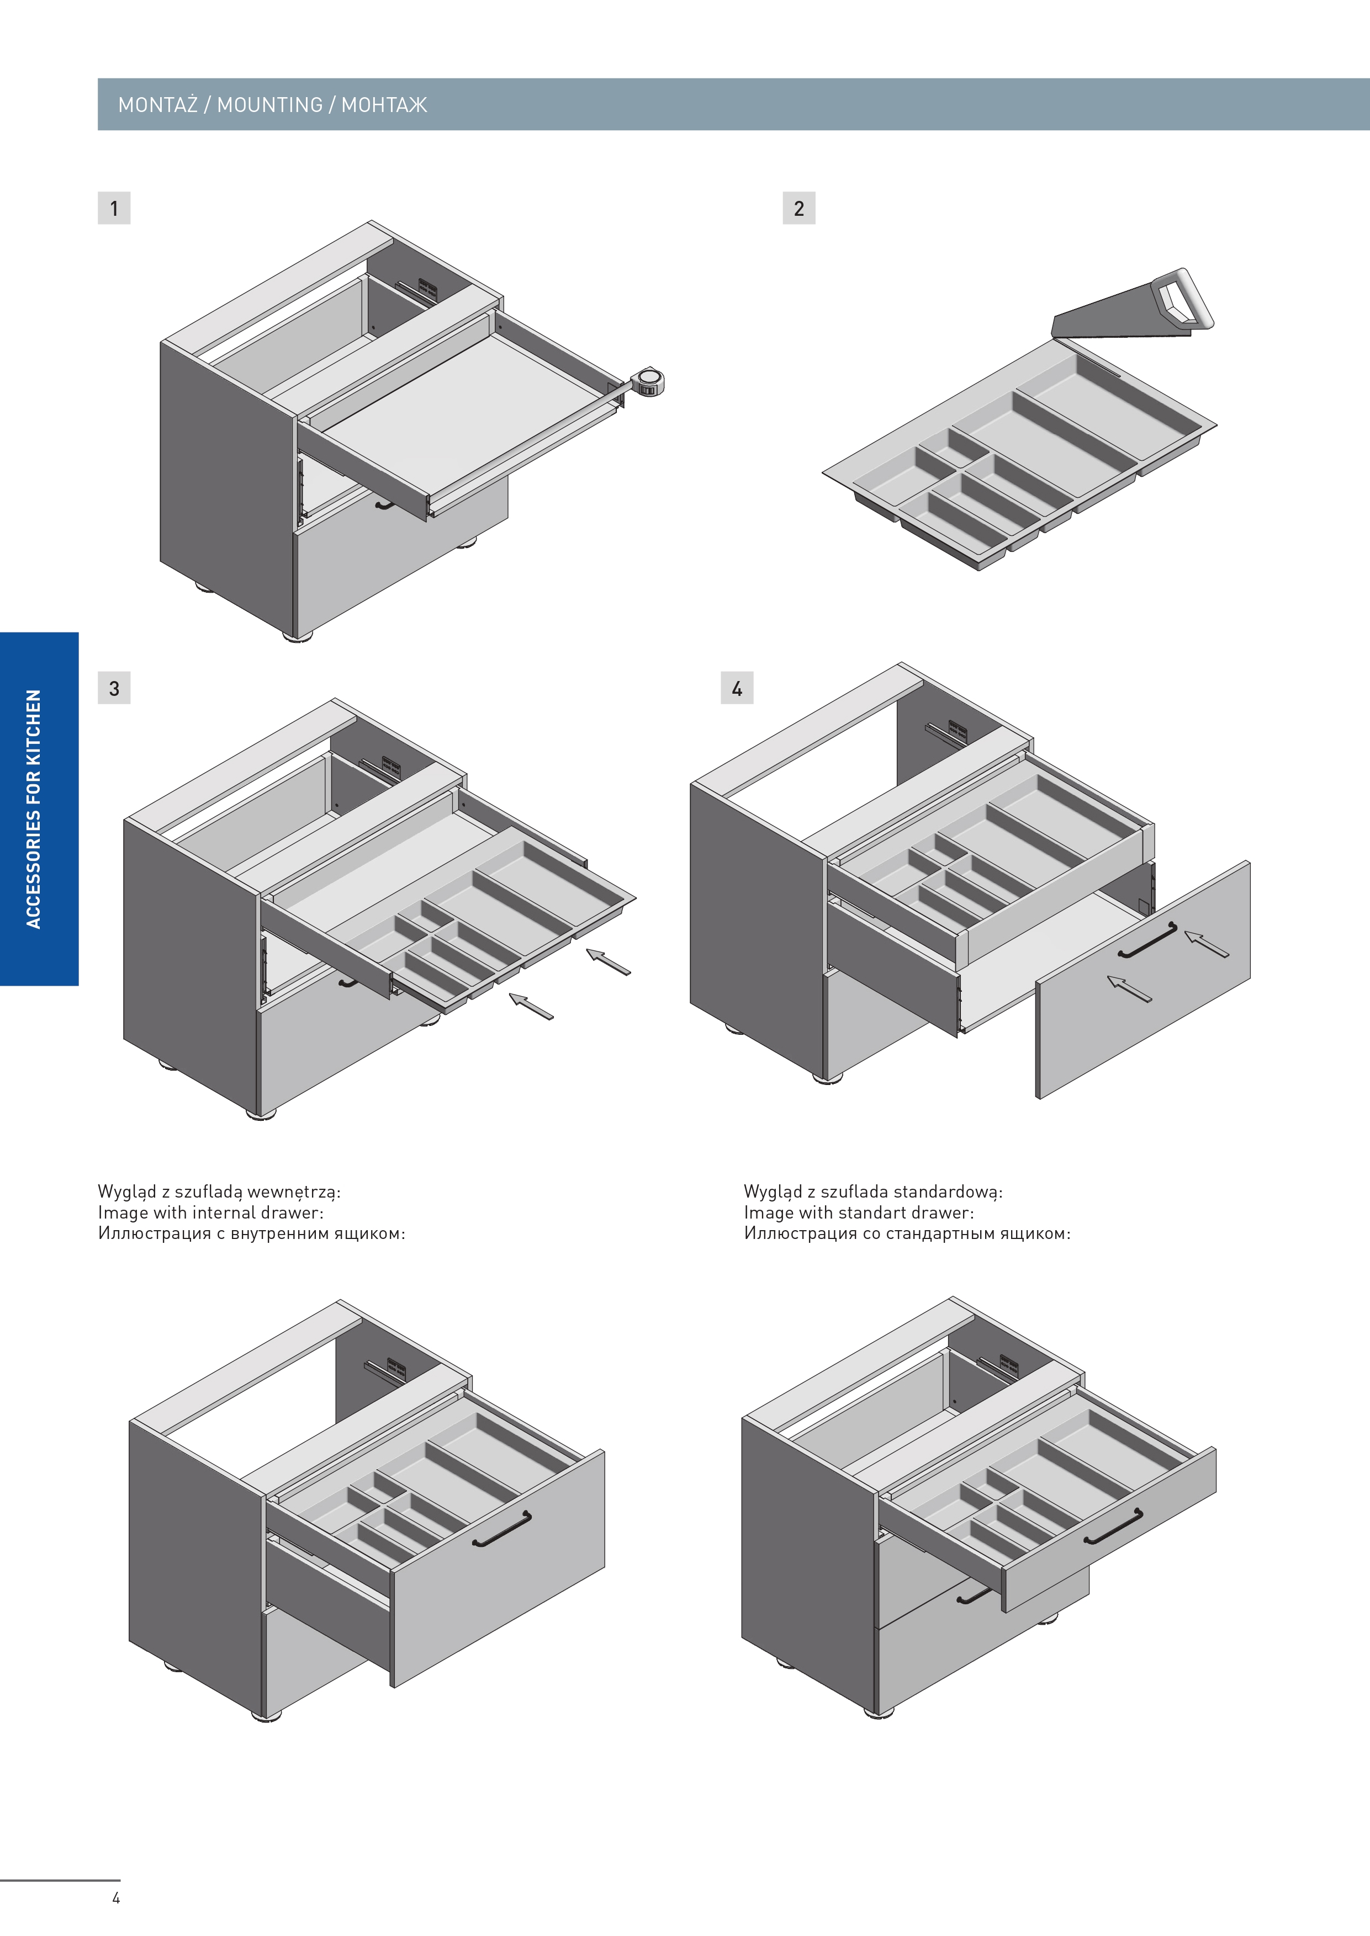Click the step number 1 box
point(114,208)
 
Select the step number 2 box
point(799,208)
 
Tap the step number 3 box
point(114,688)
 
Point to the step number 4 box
point(737,688)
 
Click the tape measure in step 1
point(648,381)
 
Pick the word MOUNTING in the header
point(270,104)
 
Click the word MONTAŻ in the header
point(158,104)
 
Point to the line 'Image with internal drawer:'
point(211,1212)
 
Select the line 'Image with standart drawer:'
point(859,1212)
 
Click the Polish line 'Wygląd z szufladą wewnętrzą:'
point(219,1192)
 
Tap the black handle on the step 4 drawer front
point(1147,940)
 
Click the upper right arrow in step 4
point(1207,944)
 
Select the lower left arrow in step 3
point(531,1006)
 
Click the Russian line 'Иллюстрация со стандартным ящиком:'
point(907,1233)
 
